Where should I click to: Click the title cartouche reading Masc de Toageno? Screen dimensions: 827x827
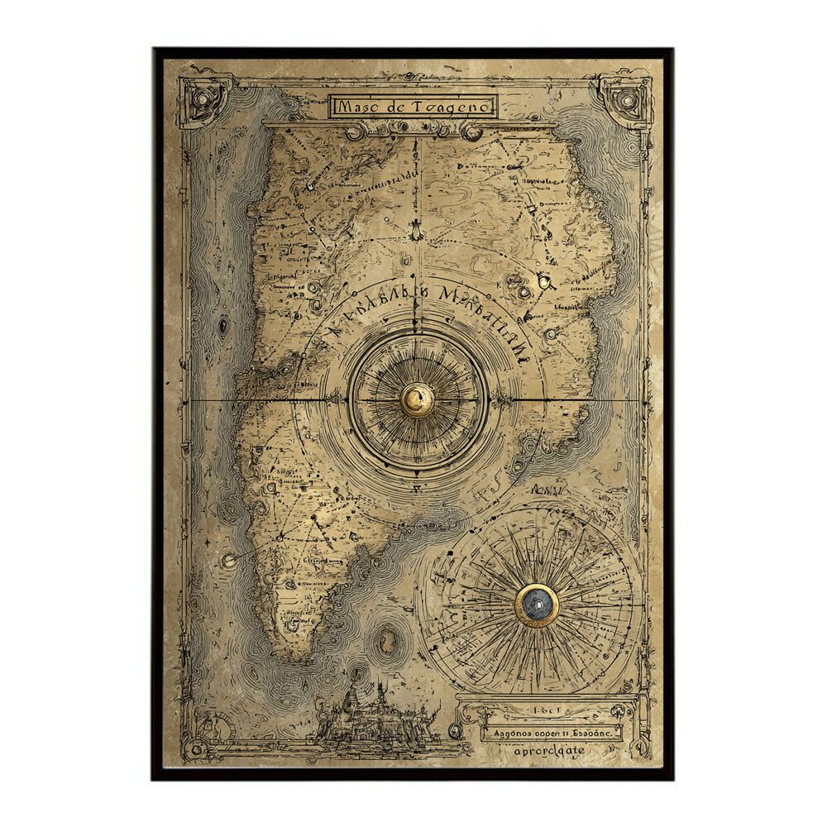click(413, 106)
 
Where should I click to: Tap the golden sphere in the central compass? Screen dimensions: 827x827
click(417, 400)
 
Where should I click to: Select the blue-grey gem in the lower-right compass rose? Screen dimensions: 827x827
click(537, 605)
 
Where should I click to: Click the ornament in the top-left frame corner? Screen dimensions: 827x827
click(202, 102)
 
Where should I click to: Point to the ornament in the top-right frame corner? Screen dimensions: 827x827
click(627, 101)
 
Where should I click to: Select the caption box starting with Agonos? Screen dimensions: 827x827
click(549, 732)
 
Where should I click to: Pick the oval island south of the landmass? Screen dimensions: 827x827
click(386, 641)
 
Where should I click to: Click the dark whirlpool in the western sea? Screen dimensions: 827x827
click(222, 326)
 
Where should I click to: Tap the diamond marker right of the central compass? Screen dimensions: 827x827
click(500, 401)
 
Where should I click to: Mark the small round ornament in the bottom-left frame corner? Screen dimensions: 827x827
click(196, 748)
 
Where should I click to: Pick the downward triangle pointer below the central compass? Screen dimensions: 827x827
click(417, 473)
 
